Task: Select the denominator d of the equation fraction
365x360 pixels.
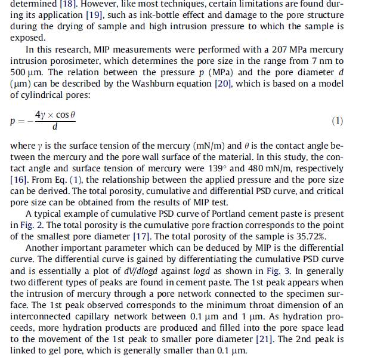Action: click(55, 127)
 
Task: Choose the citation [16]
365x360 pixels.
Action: click(20, 180)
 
